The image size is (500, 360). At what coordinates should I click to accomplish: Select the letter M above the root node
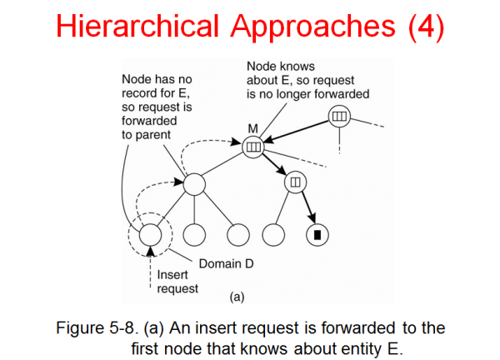click(253, 127)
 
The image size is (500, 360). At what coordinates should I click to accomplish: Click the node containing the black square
click(317, 234)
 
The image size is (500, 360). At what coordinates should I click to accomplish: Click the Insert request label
click(177, 282)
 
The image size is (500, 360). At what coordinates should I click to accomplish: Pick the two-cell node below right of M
click(295, 181)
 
